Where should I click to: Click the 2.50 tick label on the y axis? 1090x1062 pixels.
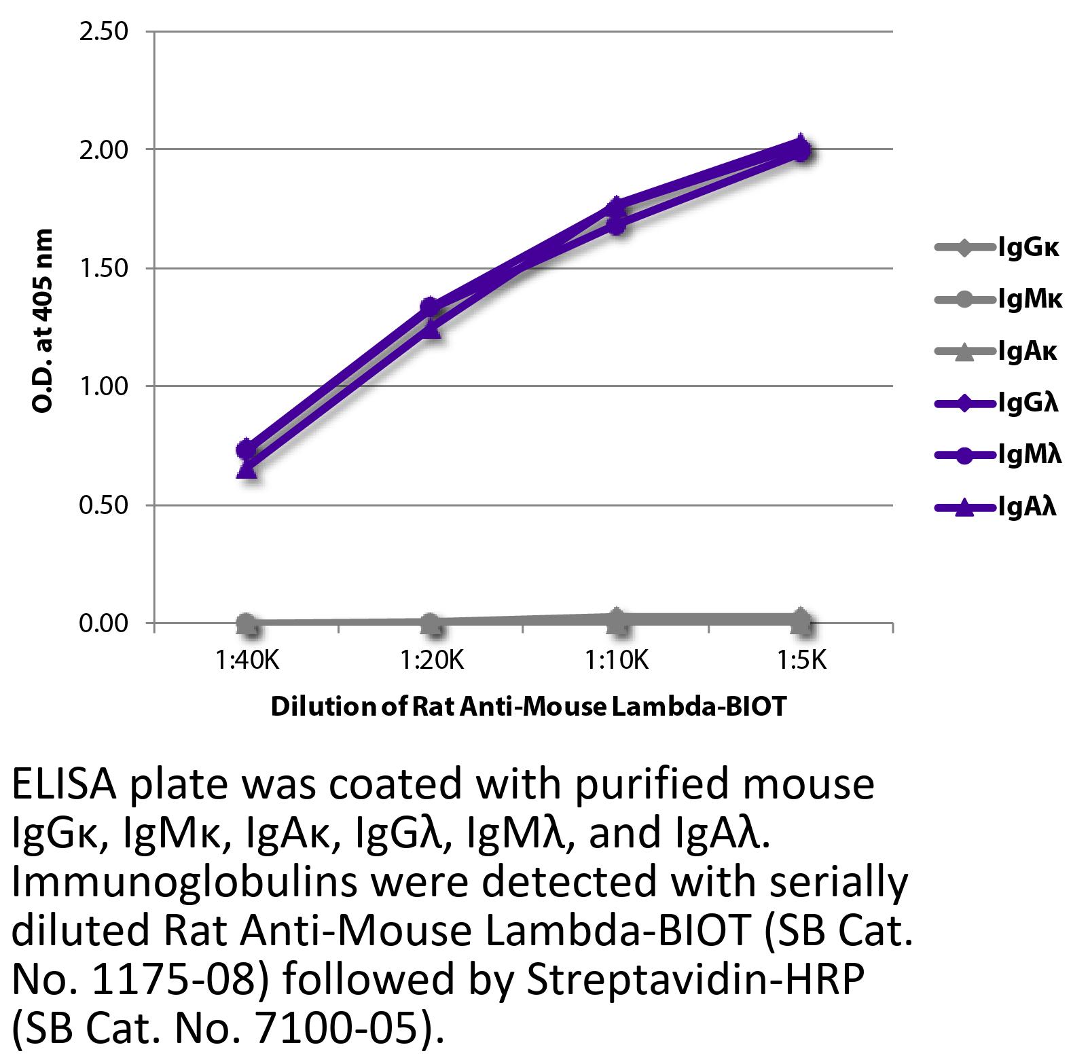point(104,32)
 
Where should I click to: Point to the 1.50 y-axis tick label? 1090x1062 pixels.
point(104,268)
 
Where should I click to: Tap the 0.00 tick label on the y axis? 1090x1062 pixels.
point(104,623)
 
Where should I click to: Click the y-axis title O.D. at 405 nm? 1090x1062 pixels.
point(42,321)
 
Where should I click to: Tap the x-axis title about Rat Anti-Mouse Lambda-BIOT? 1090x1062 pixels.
point(528,707)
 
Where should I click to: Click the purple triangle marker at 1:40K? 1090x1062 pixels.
point(247,469)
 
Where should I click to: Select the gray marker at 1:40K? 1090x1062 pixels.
point(247,622)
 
